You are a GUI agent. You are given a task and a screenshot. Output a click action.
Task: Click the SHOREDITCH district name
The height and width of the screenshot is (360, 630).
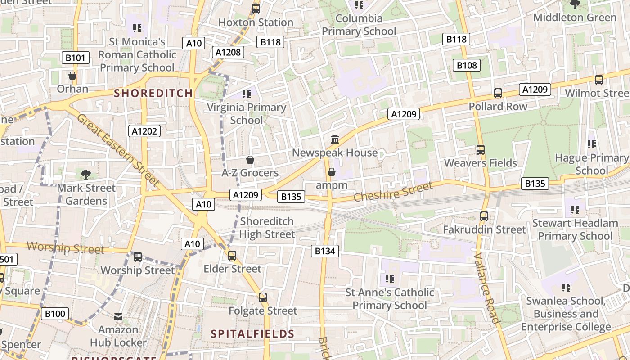tap(153, 93)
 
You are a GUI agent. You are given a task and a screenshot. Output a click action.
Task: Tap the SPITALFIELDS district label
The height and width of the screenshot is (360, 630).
tap(252, 334)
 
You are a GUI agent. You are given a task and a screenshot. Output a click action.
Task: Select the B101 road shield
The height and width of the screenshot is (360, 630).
tap(75, 58)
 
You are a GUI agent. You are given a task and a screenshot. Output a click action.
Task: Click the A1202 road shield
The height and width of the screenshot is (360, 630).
tap(144, 131)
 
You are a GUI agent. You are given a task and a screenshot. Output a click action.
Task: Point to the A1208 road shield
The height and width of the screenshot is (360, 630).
tap(228, 52)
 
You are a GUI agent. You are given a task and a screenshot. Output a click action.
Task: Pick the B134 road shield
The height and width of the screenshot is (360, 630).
tap(325, 251)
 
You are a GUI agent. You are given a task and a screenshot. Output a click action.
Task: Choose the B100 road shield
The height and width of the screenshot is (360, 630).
tap(55, 314)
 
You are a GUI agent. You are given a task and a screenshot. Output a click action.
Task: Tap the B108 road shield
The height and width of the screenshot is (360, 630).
tap(467, 65)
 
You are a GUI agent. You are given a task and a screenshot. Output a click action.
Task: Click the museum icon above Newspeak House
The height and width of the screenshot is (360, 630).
tap(335, 139)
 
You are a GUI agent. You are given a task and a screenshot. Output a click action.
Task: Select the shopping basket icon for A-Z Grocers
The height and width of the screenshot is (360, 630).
tap(250, 160)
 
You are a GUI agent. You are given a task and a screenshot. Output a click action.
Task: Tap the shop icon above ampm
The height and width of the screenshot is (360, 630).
tap(332, 172)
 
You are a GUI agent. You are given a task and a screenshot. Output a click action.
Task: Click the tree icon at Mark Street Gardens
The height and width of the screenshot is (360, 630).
tap(86, 175)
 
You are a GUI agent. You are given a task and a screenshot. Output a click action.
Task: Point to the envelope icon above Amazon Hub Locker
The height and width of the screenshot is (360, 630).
tap(118, 317)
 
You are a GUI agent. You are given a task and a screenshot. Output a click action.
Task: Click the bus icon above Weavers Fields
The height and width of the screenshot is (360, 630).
tap(481, 149)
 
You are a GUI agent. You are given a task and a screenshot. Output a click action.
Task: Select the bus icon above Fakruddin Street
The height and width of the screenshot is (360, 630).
tap(484, 216)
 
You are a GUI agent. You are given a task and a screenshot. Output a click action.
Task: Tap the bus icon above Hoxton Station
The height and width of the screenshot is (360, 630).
tap(256, 9)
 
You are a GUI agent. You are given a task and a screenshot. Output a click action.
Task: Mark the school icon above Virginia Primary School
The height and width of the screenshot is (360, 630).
tap(246, 94)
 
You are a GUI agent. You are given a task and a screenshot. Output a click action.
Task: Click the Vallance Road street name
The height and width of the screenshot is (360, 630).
tap(487, 288)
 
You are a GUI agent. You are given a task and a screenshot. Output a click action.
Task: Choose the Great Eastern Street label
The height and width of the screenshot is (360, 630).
tap(118, 150)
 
